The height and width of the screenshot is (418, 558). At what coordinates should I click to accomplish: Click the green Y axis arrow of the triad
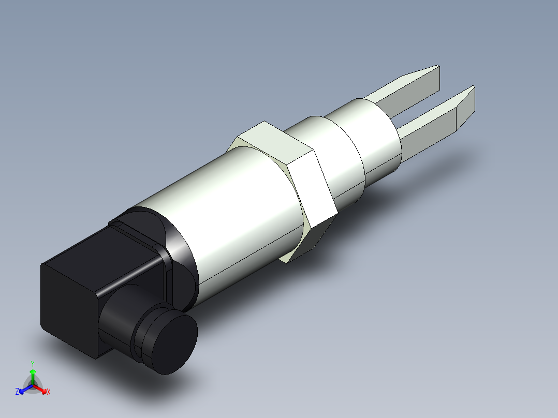(33, 375)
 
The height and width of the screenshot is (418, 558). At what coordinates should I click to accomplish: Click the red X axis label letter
(49, 392)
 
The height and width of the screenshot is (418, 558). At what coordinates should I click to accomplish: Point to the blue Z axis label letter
(17, 392)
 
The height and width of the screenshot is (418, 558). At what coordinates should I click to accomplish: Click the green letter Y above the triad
(33, 363)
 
